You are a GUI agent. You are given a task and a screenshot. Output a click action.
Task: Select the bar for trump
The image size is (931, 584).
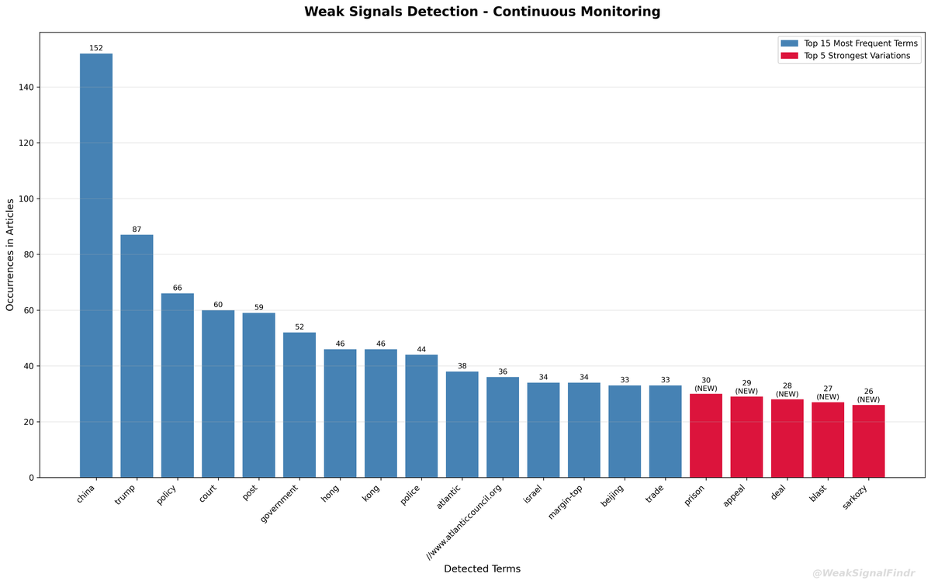pos(137,356)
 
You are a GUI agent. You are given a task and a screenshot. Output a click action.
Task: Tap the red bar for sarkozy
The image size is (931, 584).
pos(868,441)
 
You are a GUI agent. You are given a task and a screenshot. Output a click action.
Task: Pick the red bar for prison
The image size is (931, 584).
pos(705,436)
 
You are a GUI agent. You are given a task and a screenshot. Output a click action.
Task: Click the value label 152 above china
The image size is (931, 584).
pos(96,48)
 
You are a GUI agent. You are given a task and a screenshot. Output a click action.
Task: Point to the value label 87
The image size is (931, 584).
pos(137,229)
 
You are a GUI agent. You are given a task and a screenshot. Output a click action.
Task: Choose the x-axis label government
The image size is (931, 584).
pos(280,504)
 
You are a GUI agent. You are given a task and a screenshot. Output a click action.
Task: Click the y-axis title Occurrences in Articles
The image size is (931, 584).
pos(10,255)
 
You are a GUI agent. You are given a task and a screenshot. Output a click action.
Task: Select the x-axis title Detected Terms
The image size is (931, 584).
pos(482,568)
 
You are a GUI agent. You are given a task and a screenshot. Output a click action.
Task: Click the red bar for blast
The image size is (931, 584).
pos(828,440)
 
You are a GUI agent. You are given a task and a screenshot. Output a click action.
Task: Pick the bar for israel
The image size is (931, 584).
pos(543,430)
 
